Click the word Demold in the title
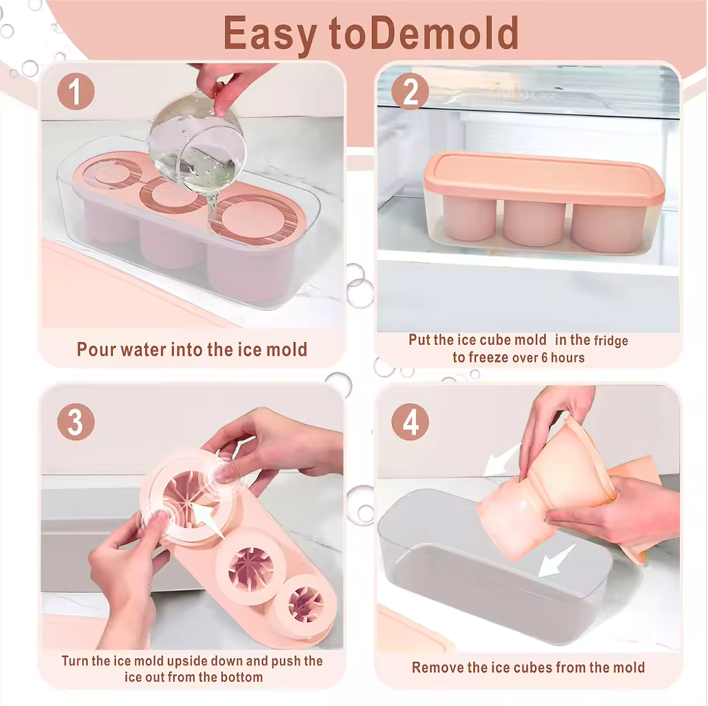click(x=445, y=33)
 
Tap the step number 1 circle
click(x=76, y=92)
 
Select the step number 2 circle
click(x=410, y=92)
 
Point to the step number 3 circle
click(x=76, y=422)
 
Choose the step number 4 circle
click(x=410, y=422)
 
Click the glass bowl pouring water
click(x=198, y=144)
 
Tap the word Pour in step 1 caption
click(x=94, y=349)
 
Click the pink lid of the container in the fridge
click(x=544, y=177)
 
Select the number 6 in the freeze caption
click(x=544, y=358)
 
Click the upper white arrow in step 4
click(x=502, y=460)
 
